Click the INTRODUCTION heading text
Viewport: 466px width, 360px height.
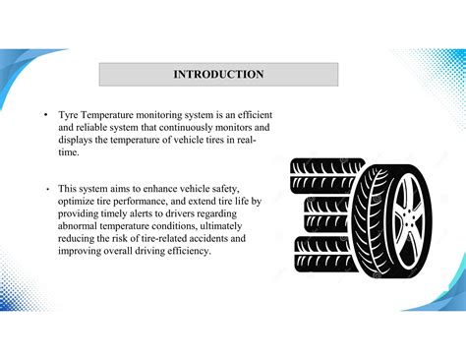218,74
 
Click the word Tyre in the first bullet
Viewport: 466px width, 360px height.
69,116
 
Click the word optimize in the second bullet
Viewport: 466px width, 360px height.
79,201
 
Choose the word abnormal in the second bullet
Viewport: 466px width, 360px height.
82,225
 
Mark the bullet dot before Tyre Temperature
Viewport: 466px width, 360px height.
45,116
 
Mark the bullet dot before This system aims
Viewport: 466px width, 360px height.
45,188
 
